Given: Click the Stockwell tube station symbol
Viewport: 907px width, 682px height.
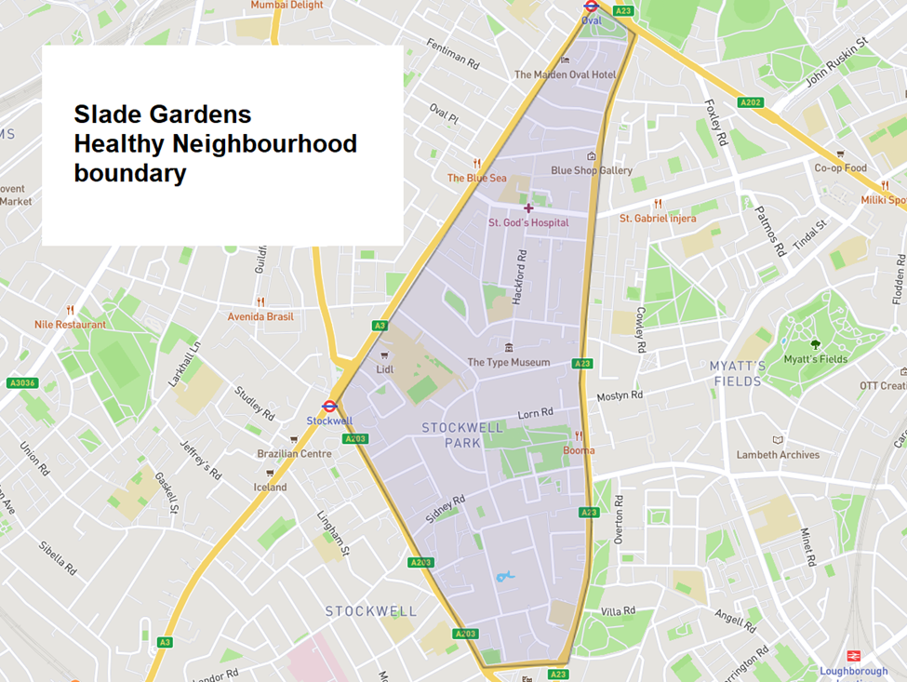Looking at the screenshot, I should click(328, 407).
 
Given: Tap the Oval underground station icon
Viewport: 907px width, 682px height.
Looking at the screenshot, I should click(591, 6).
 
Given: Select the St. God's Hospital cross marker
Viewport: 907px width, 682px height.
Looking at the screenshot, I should click(528, 208).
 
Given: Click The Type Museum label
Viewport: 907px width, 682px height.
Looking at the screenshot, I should click(508, 362).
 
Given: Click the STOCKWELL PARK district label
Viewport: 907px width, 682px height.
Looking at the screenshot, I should click(462, 435).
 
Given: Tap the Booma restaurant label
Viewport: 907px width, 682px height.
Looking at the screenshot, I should click(578, 450).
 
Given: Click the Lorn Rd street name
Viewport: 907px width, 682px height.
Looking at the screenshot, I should click(535, 412).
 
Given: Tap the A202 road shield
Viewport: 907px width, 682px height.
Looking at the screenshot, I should click(751, 101).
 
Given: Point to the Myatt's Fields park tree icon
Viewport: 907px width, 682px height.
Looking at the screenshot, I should click(815, 344).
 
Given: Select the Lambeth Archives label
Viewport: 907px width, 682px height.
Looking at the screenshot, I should click(778, 455).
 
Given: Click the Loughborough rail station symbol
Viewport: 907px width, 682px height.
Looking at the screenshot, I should click(853, 657).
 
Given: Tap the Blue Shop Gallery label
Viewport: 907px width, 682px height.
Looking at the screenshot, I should click(591, 170).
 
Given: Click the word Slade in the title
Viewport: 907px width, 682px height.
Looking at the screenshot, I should click(103, 114).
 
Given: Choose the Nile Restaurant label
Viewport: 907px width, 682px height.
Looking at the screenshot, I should click(70, 325).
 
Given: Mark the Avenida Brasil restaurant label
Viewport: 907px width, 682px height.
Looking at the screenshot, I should click(260, 316).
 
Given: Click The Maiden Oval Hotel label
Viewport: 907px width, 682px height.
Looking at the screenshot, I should click(565, 74).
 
